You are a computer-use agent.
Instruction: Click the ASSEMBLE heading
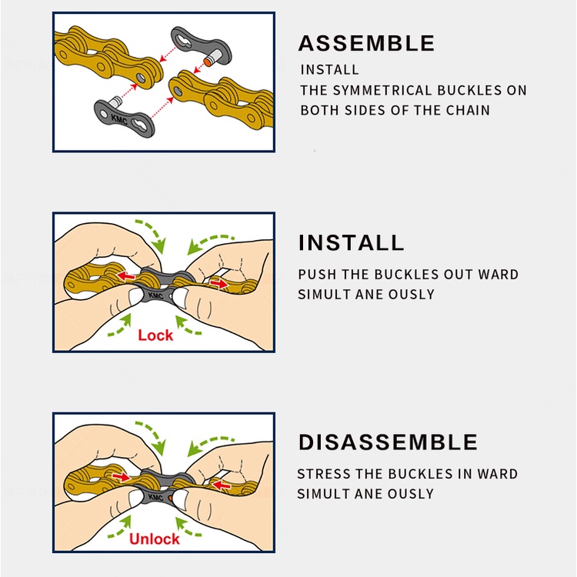[x=366, y=43]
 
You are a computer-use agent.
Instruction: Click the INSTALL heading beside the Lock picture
[x=351, y=242]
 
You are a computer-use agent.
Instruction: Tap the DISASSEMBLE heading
[x=388, y=442]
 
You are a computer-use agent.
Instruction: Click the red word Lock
[x=155, y=335]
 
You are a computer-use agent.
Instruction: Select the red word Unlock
[x=154, y=539]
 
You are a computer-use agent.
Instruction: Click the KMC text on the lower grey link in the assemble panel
[x=119, y=119]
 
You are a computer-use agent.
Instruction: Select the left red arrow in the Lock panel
[x=126, y=275]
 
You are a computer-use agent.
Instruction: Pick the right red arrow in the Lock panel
[x=219, y=284]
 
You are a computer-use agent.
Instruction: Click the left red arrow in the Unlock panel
[x=122, y=477]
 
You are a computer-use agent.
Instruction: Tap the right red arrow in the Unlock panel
[x=222, y=485]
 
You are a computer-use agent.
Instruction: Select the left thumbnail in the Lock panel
[x=135, y=296]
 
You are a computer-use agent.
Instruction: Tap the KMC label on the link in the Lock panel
[x=156, y=295]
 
